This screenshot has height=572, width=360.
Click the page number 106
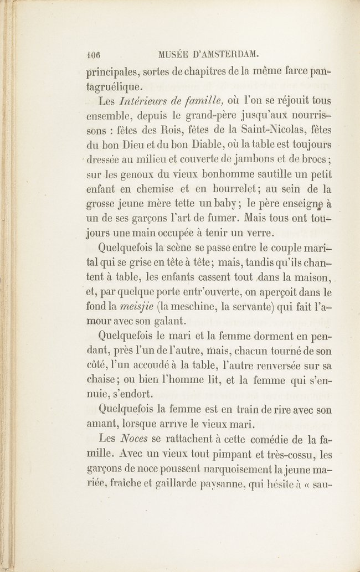(96, 55)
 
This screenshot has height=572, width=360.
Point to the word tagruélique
(115, 86)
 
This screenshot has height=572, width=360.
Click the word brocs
(313, 159)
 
